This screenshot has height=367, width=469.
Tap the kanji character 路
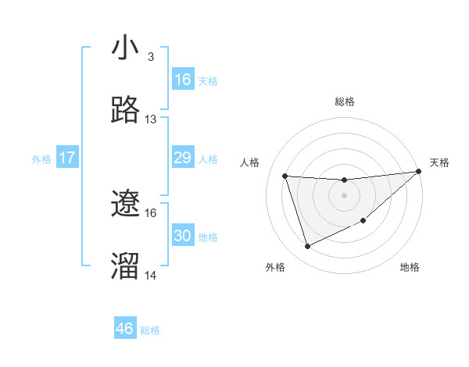[x=126, y=111]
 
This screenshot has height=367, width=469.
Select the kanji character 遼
[x=126, y=204]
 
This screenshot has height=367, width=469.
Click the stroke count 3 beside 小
[x=150, y=57]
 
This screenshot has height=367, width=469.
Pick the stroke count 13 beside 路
[x=151, y=119]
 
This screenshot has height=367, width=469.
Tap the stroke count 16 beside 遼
[x=151, y=212]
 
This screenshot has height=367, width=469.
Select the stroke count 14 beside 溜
[x=151, y=275]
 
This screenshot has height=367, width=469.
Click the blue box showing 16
[x=183, y=80]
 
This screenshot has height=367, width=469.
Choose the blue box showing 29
[x=183, y=159]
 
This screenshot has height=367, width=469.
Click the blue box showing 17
[x=67, y=159]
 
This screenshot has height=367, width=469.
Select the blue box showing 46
[x=125, y=329]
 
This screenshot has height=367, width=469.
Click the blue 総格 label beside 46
[x=150, y=330]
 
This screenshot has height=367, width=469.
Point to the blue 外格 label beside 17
[x=41, y=159]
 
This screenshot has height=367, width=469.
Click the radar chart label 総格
[x=344, y=102]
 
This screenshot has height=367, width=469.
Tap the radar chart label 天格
[x=439, y=162]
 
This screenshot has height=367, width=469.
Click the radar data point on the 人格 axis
[x=285, y=176]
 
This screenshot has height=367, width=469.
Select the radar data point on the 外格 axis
[x=307, y=246]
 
